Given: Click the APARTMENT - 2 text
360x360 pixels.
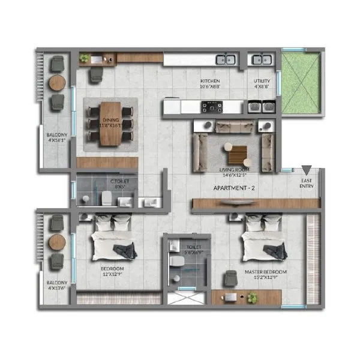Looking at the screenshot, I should tap(235, 188).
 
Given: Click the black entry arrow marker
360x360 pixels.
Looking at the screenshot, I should tap(307, 170).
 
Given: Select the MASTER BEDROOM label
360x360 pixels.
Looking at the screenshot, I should tap(265, 272).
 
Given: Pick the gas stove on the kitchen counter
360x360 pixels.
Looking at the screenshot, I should tap(212, 107).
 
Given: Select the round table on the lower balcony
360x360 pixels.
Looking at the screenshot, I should tap(58, 242).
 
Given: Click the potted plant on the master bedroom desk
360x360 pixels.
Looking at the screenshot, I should tap(253, 296).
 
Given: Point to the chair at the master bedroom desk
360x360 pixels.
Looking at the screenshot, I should tap(230, 278).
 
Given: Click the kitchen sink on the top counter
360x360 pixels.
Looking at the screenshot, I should tap(226, 59).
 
